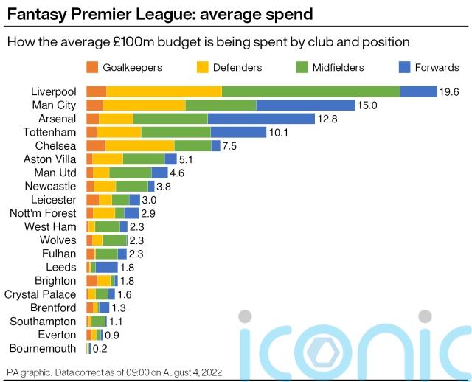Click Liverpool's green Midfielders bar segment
pos(310,91)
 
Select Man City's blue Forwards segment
pos(305,105)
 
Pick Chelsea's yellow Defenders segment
pos(140,146)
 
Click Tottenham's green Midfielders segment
pos(176,132)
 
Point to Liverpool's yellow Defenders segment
pos(164,91)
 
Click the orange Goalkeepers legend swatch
pos(92,67)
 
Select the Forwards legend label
pos(437,67)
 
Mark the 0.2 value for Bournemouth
pos(100,349)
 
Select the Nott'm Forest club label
pos(43,213)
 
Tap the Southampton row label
pos(43,322)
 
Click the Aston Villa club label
pos(49,159)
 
